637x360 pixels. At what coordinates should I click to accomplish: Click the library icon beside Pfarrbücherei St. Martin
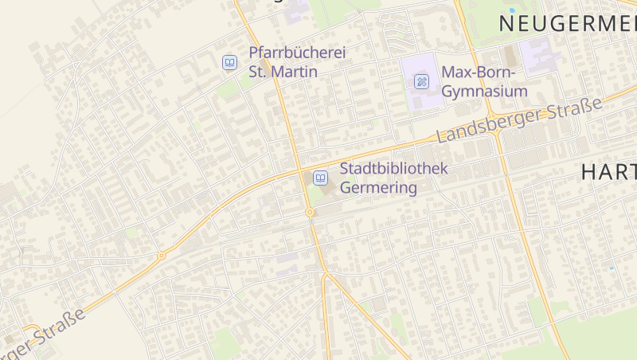click(229, 62)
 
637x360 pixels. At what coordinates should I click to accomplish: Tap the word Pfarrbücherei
click(298, 53)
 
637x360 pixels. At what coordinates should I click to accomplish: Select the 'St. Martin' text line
click(283, 72)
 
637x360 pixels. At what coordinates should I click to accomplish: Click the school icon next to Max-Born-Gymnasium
click(422, 80)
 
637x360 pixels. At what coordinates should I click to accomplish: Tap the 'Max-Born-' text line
click(479, 73)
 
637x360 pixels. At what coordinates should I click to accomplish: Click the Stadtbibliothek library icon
click(320, 177)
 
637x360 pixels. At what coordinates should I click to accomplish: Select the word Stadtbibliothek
click(394, 169)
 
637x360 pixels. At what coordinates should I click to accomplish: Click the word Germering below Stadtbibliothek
click(379, 188)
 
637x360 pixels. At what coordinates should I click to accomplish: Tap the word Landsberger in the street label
click(487, 124)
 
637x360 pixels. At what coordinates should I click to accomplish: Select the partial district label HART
click(608, 171)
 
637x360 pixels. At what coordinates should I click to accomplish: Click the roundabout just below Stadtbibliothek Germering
click(309, 213)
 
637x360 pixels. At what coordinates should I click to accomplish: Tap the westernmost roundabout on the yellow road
click(161, 256)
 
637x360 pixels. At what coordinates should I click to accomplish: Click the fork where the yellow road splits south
click(325, 275)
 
